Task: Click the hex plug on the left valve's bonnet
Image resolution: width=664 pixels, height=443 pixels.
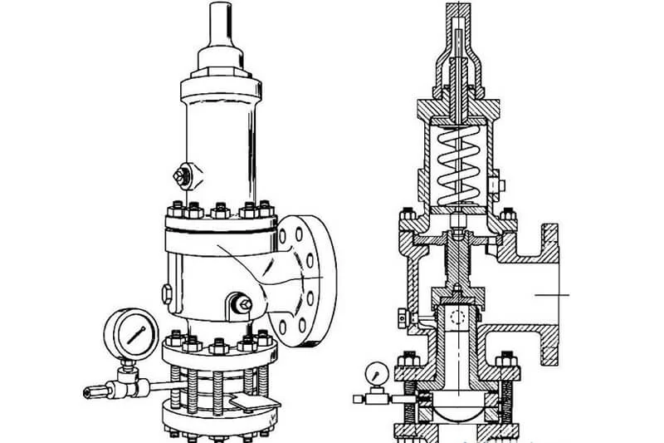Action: tap(179, 176)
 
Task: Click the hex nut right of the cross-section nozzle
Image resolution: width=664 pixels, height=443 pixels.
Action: tap(502, 362)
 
